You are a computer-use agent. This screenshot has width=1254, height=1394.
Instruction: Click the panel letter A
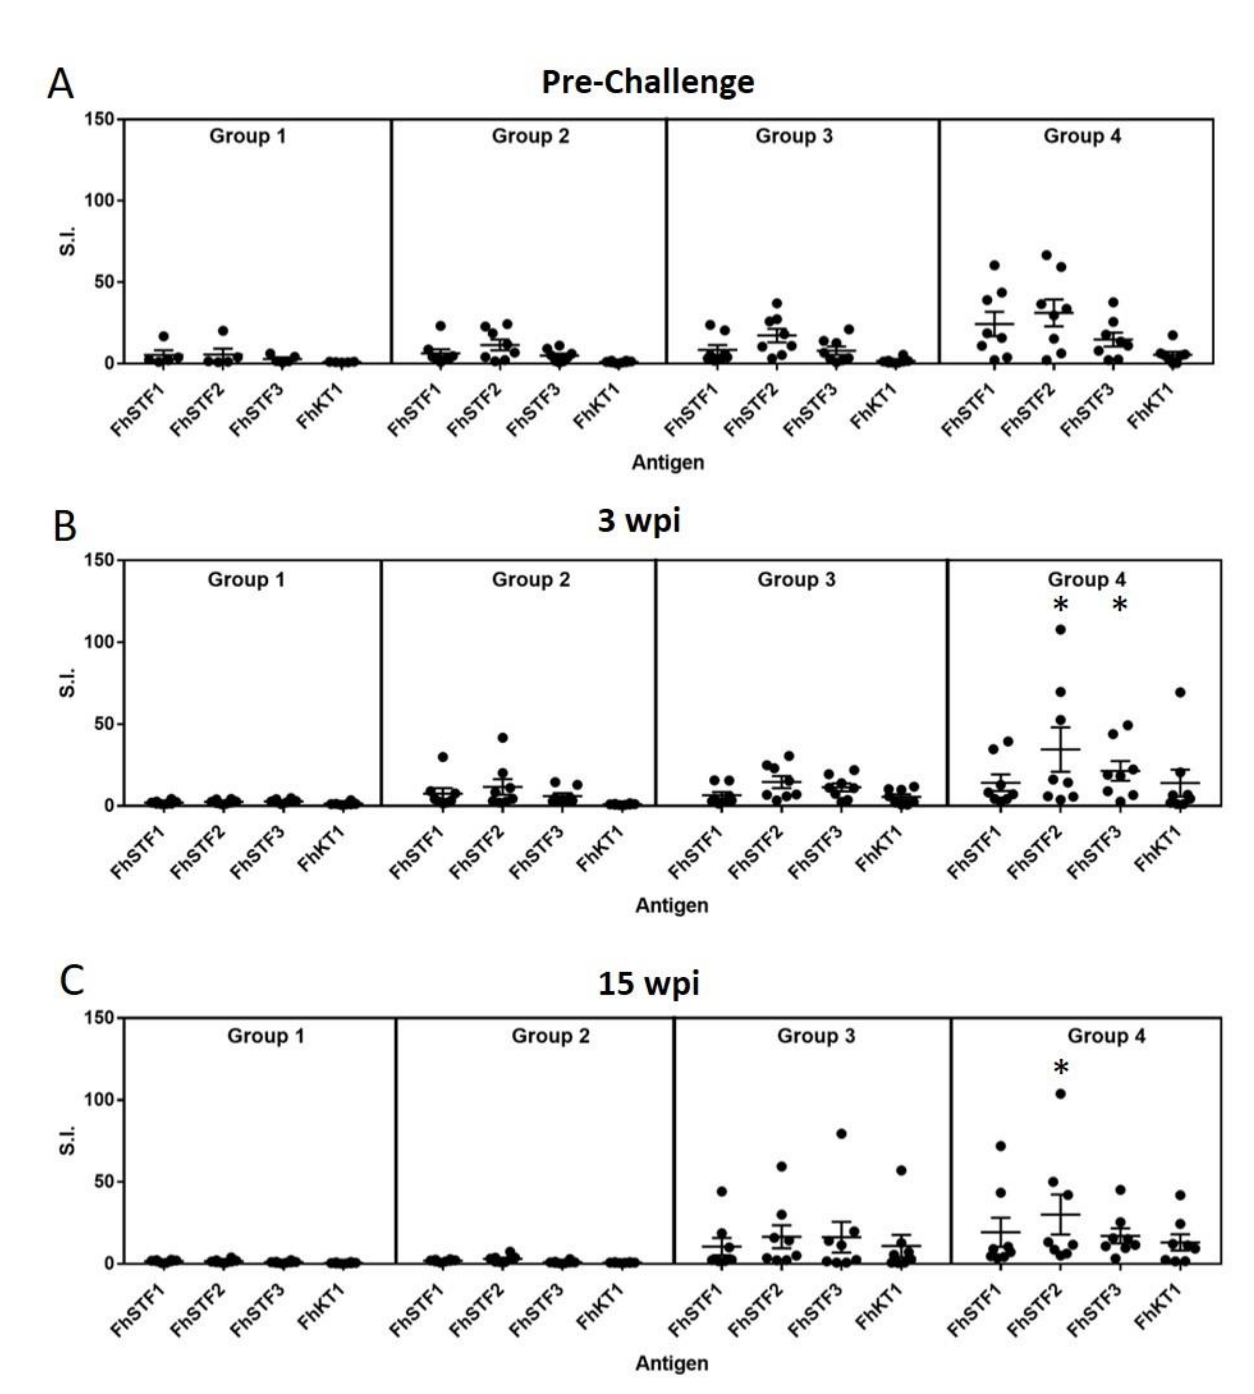coord(61,85)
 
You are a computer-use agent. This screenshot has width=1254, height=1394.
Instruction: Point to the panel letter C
coord(72,980)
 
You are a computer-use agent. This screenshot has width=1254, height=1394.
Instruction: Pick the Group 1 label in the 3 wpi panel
coord(246,580)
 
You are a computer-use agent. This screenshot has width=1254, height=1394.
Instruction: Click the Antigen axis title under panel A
coord(668,462)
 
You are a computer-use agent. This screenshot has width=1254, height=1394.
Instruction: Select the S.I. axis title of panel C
coord(67,1141)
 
